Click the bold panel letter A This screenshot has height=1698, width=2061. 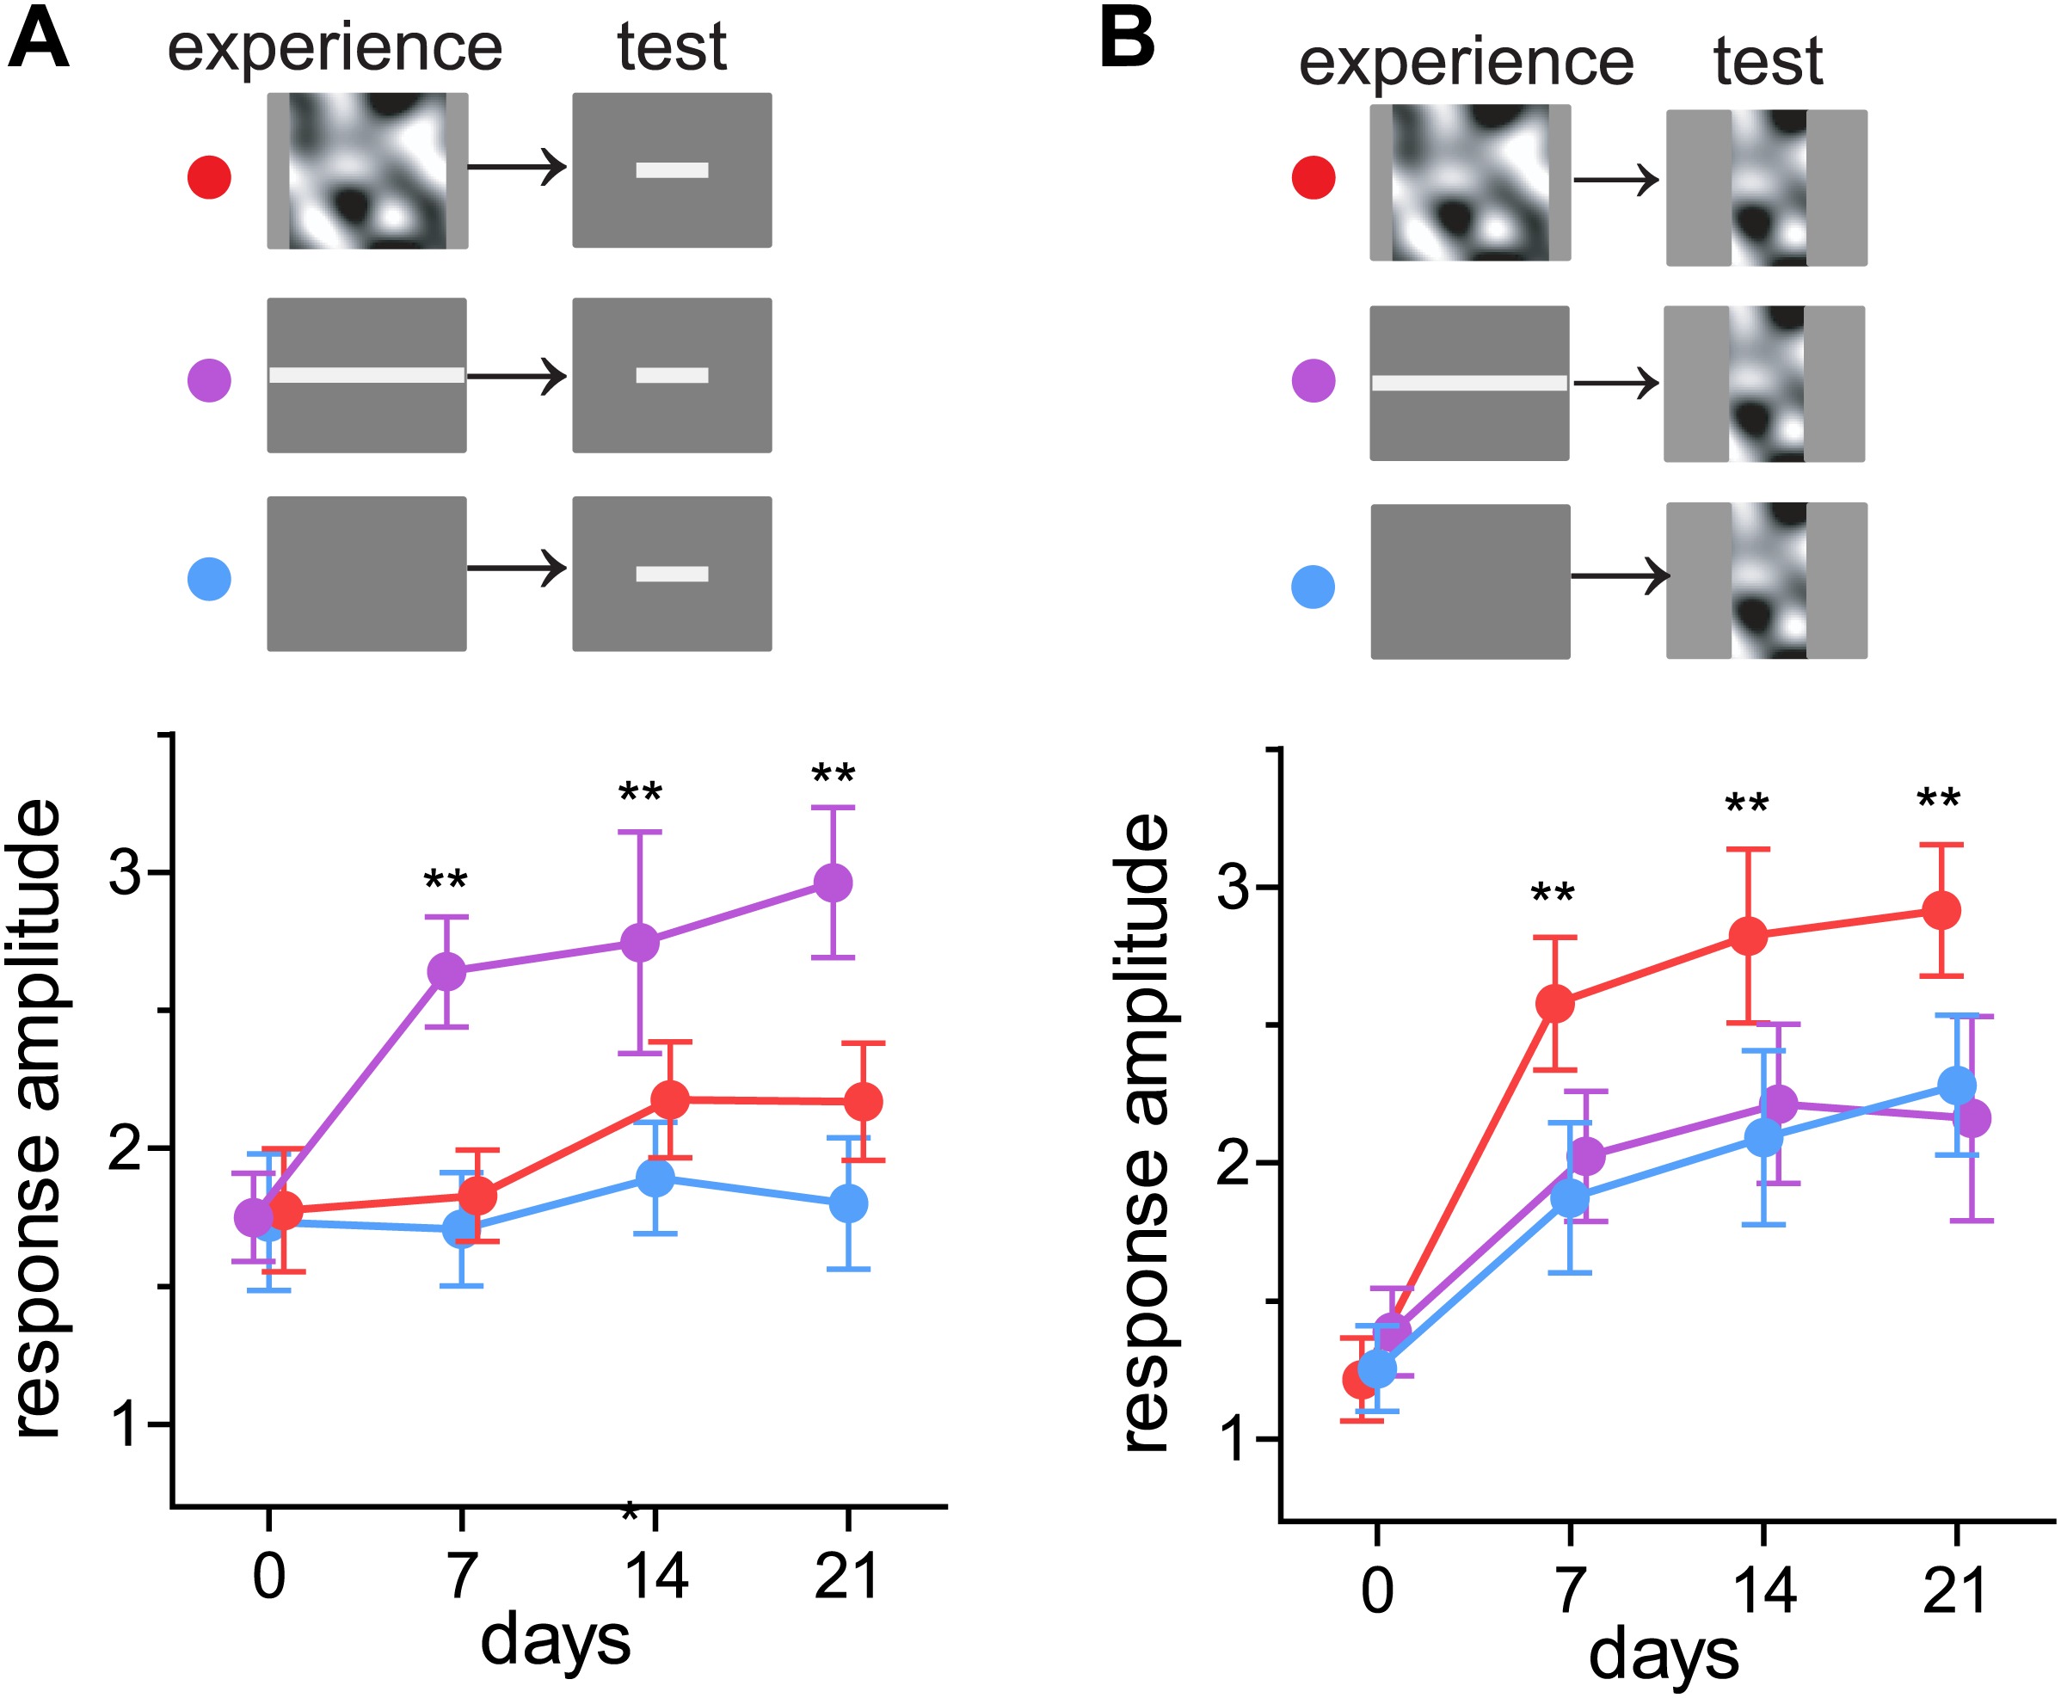point(38,39)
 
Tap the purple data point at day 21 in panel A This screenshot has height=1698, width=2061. point(834,883)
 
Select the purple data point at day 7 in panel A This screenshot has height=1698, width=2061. point(446,971)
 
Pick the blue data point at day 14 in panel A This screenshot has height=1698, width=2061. point(655,1177)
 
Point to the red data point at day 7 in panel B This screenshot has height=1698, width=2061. point(1555,1004)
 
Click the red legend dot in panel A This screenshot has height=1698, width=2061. point(209,177)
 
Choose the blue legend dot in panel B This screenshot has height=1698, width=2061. point(1314,587)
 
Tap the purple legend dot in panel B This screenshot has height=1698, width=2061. point(1314,380)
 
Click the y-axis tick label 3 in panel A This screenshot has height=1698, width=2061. point(126,871)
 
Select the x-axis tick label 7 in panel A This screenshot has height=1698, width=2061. point(462,1576)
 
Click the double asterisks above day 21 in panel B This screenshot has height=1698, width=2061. point(1939,799)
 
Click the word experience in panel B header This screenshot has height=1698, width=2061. point(1465,60)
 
